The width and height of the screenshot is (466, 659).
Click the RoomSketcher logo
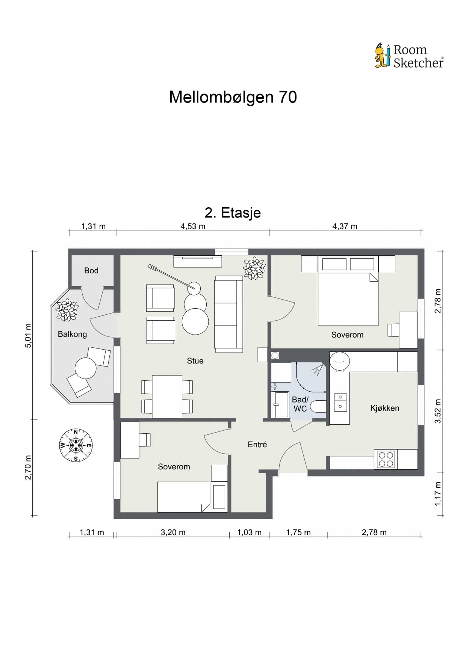coord(409,56)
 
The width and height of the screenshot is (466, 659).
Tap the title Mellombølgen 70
coord(233,97)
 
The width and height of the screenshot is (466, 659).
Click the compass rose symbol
coord(76,445)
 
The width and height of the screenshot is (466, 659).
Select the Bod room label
coord(91,270)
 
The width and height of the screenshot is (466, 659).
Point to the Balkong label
coord(72,334)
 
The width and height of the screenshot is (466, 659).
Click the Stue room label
coord(195,361)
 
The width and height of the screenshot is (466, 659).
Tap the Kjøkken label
coord(385,408)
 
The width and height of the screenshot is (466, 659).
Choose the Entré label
coord(257,445)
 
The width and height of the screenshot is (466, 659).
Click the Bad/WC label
coord(300,404)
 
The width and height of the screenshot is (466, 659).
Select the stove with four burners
coord(386,459)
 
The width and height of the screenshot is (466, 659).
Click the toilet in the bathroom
coord(318,407)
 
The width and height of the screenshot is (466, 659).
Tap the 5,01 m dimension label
coord(28,335)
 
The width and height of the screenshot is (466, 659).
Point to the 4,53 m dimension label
coord(193,226)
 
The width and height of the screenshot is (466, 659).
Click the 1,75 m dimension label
coord(298,532)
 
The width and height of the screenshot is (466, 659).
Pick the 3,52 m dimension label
coord(438,411)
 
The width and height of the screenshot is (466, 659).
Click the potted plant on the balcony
coord(67,310)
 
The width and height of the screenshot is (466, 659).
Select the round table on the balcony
coord(86,368)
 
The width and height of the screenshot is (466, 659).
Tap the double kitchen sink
coord(340,402)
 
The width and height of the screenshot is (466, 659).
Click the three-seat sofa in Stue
coord(228,314)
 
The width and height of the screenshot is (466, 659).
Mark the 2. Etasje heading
coord(233,213)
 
